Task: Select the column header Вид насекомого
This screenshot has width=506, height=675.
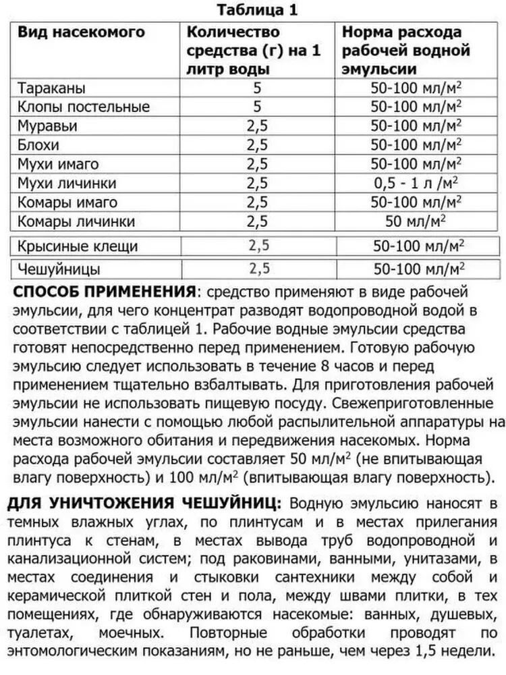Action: pos(80,33)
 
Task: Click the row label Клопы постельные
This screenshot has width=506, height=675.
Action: pos(84,107)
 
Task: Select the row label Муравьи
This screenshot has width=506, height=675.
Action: pos(49,126)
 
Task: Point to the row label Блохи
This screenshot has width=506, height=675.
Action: pos(40,145)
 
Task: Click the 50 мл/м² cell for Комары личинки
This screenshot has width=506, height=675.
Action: pos(416,221)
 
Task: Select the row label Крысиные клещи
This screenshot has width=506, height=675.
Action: pos(79,246)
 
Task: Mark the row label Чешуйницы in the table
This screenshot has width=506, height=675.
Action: pos(60,269)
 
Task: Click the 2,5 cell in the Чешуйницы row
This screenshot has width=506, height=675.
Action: pos(259,269)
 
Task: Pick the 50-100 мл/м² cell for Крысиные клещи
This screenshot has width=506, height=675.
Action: pos(416,246)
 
